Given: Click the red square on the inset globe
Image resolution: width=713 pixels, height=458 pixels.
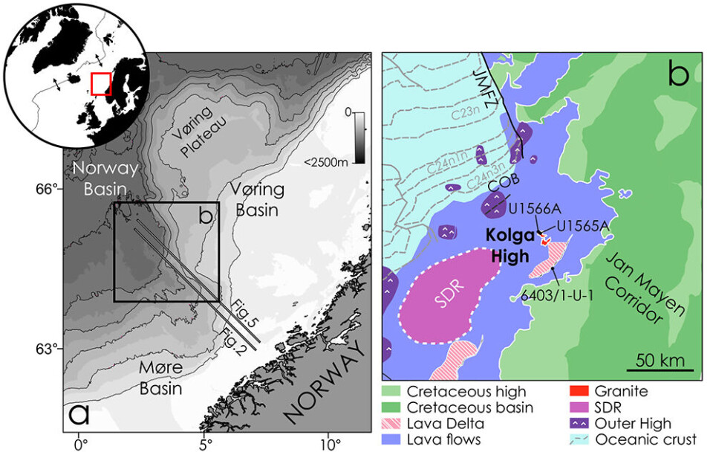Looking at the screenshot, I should pyautogui.click(x=100, y=83).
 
